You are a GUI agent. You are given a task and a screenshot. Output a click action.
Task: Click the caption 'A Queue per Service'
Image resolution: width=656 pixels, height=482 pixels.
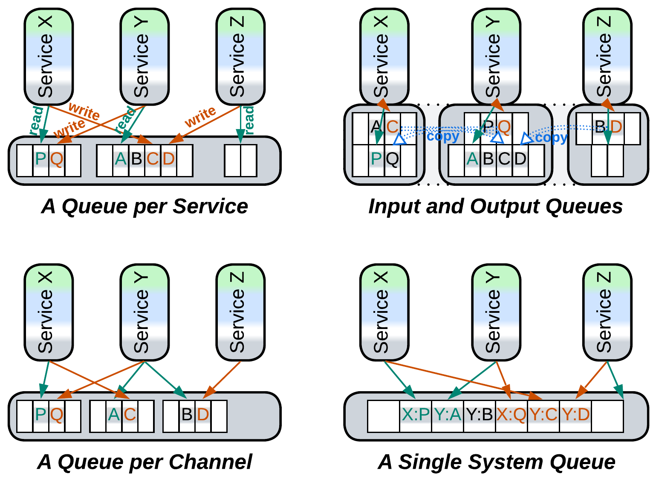click(144, 206)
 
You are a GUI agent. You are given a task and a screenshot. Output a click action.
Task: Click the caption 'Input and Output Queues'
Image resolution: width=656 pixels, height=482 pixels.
click(495, 206)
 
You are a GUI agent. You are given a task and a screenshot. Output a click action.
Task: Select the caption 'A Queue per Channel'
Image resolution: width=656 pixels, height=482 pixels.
click(144, 462)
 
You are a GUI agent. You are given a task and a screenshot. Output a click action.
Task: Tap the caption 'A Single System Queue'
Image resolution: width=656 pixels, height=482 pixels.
click(497, 462)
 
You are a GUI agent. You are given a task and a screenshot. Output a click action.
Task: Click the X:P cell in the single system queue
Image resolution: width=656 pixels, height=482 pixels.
click(416, 414)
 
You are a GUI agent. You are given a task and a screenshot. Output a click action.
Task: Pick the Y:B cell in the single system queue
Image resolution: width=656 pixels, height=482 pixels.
click(480, 414)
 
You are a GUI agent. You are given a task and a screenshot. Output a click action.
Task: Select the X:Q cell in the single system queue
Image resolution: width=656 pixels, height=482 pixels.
click(512, 414)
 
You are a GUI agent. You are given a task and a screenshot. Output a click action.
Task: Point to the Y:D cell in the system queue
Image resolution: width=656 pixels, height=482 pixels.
click(575, 414)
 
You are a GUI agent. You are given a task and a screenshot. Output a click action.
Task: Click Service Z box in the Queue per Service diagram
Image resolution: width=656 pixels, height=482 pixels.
click(240, 56)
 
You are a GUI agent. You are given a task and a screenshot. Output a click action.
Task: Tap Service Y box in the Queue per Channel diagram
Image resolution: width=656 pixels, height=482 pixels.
click(144, 312)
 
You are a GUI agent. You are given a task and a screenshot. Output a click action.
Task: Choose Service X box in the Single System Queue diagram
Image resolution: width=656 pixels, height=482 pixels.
click(384, 312)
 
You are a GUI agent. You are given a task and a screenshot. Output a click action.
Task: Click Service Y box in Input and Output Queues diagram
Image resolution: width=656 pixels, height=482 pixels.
click(496, 56)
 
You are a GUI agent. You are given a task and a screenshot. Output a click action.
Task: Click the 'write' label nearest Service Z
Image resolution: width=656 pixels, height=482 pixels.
click(200, 116)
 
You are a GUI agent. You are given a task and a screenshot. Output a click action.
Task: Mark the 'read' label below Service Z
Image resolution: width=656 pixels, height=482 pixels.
click(249, 120)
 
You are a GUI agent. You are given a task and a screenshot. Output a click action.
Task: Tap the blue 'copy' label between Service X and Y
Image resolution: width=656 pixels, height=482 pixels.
click(443, 136)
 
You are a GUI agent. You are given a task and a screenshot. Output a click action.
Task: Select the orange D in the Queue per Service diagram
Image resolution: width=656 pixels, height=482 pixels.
click(169, 159)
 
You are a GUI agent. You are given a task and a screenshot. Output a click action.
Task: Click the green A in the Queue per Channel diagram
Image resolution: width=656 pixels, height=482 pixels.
click(114, 415)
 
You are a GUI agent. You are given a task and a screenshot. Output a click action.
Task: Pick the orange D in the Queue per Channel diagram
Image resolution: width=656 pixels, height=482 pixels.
click(203, 415)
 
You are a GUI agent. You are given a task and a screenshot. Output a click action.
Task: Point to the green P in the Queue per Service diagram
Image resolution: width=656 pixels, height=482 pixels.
click(41, 159)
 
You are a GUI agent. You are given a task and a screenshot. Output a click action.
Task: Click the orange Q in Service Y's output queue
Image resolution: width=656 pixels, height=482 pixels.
click(504, 127)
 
